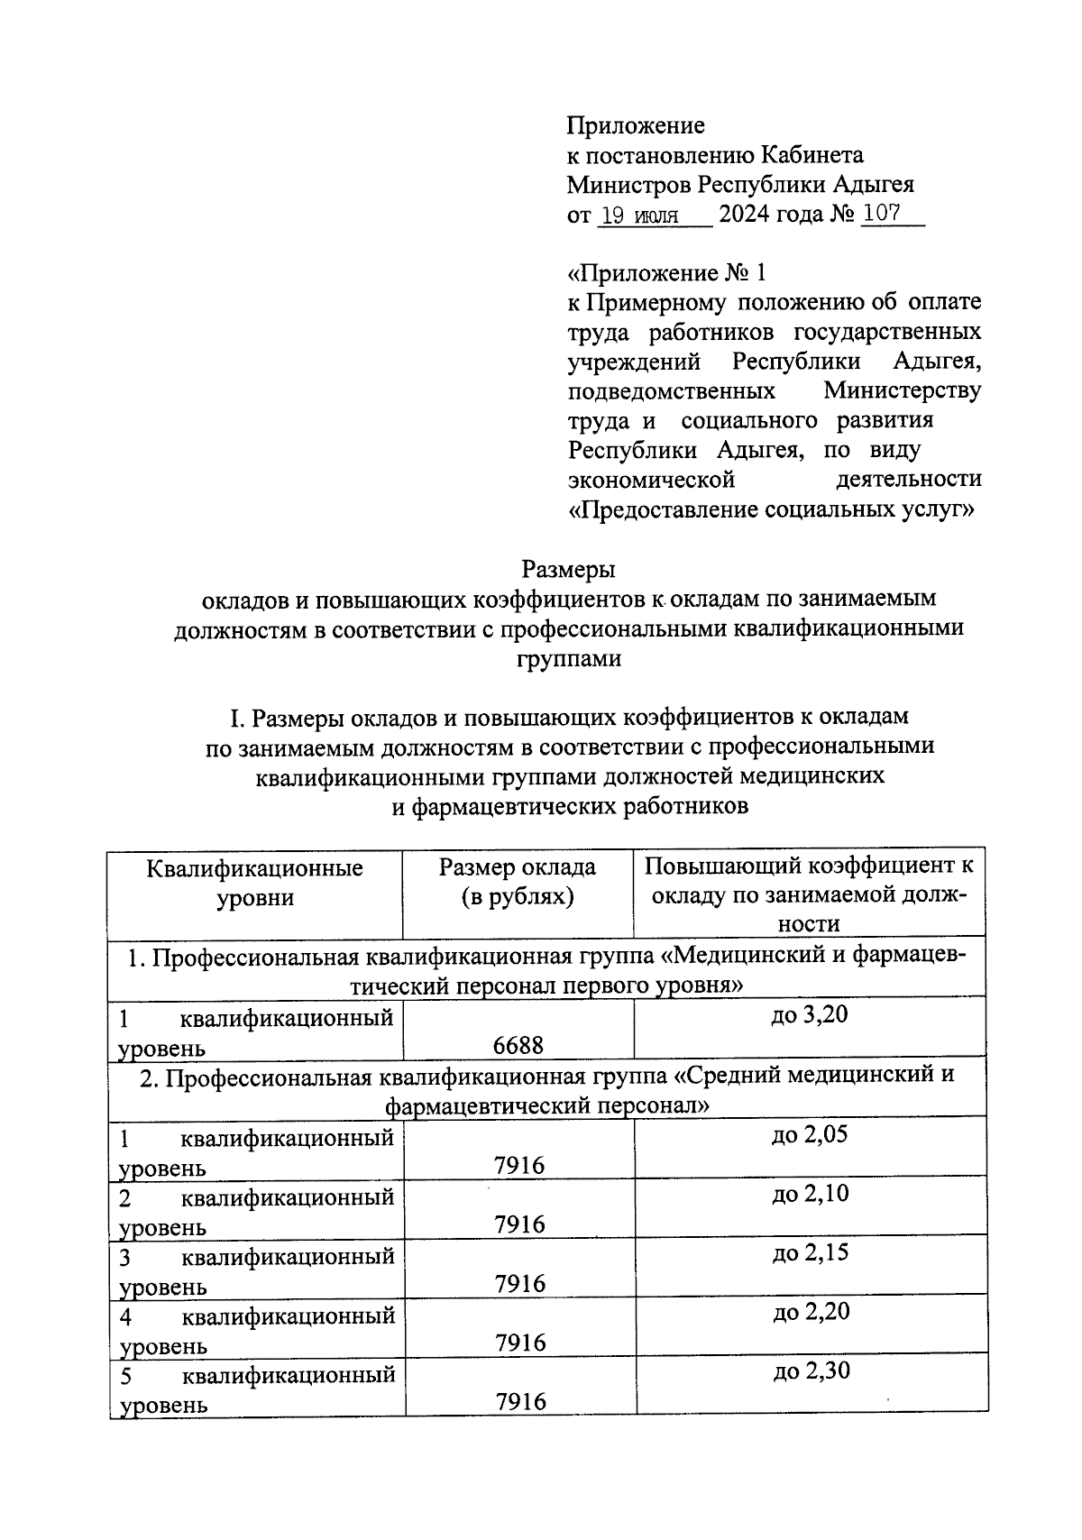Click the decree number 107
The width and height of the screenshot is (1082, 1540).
884,215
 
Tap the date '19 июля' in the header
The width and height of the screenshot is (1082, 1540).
640,215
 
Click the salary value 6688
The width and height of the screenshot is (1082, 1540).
518,1045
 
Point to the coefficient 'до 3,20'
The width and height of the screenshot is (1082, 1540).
810,1015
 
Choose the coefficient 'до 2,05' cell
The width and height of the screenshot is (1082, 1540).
810,1134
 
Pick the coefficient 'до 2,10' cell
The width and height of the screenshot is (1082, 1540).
810,1194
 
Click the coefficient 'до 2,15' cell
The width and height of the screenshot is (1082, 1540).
810,1252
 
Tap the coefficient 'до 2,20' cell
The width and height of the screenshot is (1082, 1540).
811,1312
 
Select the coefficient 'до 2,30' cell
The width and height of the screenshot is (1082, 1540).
811,1371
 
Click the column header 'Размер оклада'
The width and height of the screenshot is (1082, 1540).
518,867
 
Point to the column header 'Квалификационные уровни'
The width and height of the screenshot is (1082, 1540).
255,883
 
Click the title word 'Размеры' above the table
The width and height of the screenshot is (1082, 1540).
568,570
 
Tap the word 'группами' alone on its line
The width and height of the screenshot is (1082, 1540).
568,658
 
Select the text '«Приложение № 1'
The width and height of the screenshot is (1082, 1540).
666,272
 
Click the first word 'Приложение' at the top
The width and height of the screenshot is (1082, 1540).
636,125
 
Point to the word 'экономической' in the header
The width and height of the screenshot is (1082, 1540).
651,479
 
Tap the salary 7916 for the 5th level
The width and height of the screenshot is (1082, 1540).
520,1401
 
